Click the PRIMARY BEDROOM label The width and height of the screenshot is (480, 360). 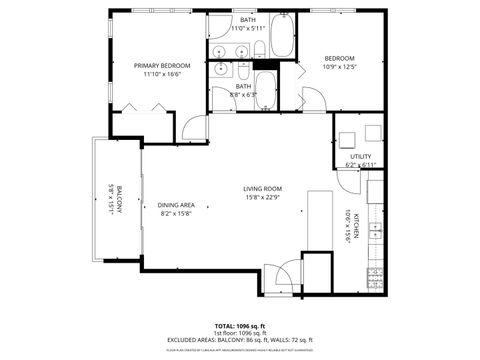pyautogui.click(x=161, y=65)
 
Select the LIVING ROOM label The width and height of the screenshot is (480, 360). pyautogui.click(x=262, y=189)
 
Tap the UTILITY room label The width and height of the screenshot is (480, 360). pyautogui.click(x=359, y=156)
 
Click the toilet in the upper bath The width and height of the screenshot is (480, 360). pyautogui.click(x=258, y=49)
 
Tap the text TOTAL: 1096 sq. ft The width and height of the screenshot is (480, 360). pyautogui.click(x=239, y=325)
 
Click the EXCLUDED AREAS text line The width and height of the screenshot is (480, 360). pyautogui.click(x=239, y=340)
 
